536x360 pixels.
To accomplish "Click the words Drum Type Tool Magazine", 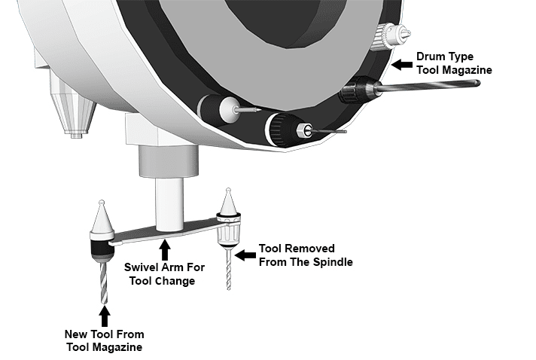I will coord(454,63).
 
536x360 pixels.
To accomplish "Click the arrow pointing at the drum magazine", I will coord(403,63).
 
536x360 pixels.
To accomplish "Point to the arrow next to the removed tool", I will coord(245,255).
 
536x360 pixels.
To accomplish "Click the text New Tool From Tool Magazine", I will coord(105,340).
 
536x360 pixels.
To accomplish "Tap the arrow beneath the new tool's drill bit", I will coord(105,314).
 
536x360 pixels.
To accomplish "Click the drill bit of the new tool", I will coord(103,282).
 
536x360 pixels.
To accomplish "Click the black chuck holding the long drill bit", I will coord(353,93).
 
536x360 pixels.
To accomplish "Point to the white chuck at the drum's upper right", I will coord(389,33).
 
